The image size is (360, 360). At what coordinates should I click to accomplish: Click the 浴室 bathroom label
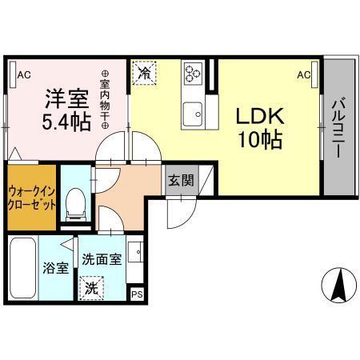55,268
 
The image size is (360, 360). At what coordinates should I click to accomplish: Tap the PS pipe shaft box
137,293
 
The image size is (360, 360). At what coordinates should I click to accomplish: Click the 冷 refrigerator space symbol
144,73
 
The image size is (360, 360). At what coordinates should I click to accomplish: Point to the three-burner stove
193,74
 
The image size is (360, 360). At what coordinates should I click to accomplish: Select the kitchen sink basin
193,115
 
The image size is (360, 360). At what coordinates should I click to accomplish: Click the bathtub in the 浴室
23,269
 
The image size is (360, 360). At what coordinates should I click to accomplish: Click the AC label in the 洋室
23,75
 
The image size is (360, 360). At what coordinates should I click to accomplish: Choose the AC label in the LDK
304,75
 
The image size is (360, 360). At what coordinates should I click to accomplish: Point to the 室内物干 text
105,98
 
